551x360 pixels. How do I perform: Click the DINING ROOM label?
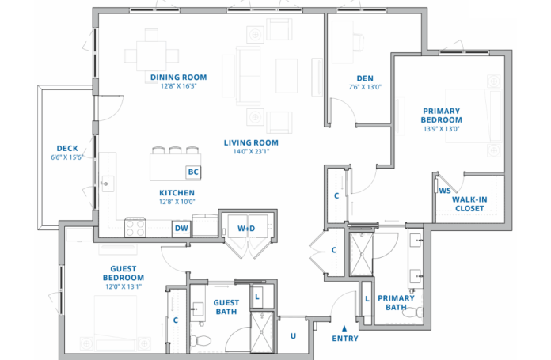[178, 78]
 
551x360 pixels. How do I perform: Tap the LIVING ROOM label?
[251, 143]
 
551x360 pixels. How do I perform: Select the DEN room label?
[365, 78]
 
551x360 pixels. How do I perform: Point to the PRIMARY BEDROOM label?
[442, 116]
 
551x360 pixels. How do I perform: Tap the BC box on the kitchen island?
[192, 172]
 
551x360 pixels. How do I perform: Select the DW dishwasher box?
[181, 229]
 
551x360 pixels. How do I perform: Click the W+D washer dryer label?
[247, 229]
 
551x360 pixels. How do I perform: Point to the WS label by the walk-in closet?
[445, 190]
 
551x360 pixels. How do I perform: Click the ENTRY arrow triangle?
[344, 328]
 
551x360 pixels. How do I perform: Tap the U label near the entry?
[293, 335]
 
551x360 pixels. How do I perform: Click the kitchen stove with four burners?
[135, 228]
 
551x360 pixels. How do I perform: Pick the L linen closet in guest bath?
[259, 296]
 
